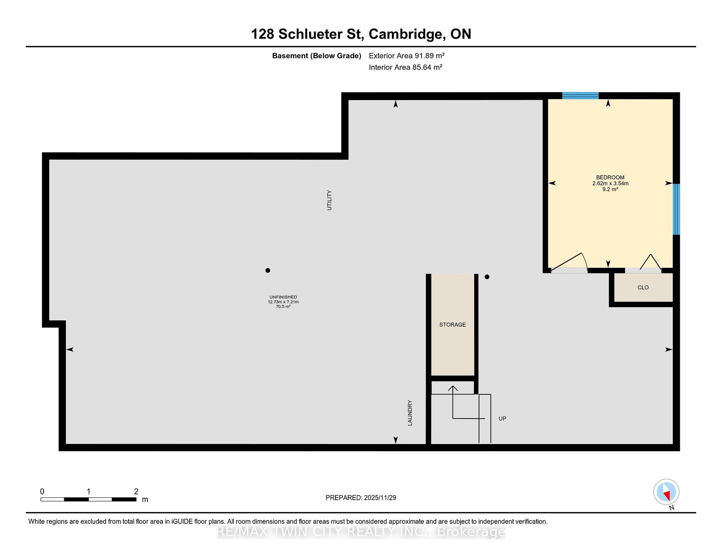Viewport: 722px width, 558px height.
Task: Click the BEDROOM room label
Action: tap(610, 177)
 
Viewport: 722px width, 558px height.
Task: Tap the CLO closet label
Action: tap(643, 287)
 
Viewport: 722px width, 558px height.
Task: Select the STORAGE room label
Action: tap(452, 324)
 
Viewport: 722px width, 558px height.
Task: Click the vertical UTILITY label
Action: tap(329, 200)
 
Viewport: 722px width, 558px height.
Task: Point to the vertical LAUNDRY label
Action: tap(410, 413)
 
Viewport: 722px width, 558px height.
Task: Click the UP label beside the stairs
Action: tap(502, 418)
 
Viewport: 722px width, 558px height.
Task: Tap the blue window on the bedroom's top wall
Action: tap(580, 96)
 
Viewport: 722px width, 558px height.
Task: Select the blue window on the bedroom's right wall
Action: tap(676, 209)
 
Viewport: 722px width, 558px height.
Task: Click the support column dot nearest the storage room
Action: tap(487, 277)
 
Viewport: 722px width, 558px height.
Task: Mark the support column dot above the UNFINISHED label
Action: tap(268, 270)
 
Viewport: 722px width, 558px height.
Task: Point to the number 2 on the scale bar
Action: tap(136, 491)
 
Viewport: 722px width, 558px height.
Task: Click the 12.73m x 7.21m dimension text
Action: tap(283, 302)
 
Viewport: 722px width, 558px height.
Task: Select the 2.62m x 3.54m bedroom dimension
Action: tap(610, 183)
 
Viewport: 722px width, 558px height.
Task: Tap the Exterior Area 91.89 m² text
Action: tap(407, 56)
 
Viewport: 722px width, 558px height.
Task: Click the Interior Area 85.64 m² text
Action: tap(405, 67)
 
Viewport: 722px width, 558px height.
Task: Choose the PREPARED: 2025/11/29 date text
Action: tap(361, 498)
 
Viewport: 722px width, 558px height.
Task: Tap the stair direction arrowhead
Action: tap(453, 388)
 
